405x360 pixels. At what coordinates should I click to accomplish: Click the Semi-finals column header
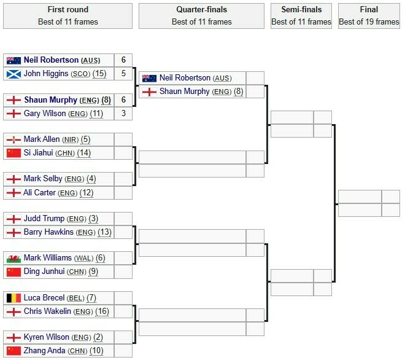pyautogui.click(x=301, y=16)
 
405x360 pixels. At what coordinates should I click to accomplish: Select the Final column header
pyautogui.click(x=369, y=16)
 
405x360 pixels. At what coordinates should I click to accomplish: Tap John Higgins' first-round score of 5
pyautogui.click(x=123, y=74)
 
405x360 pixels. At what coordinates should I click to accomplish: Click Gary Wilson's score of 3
pyautogui.click(x=123, y=113)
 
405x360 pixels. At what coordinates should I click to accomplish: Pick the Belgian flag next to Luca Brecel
pyautogui.click(x=13, y=298)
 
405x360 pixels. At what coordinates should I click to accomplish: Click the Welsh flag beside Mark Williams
pyautogui.click(x=13, y=259)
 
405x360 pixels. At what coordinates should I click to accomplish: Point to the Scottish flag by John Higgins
pyautogui.click(x=13, y=74)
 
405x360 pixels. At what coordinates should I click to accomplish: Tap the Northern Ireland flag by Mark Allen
pyautogui.click(x=13, y=139)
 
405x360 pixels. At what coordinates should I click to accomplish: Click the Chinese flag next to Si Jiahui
pyautogui.click(x=13, y=153)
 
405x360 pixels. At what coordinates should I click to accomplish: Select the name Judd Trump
pyautogui.click(x=44, y=219)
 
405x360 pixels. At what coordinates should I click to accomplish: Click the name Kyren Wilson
pyautogui.click(x=47, y=337)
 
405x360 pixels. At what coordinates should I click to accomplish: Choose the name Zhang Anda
pyautogui.click(x=44, y=350)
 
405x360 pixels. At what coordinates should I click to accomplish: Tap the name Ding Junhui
pyautogui.click(x=44, y=272)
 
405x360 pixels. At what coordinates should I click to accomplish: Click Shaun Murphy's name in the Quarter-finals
pyautogui.click(x=185, y=92)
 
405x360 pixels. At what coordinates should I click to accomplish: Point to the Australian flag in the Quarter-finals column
pyautogui.click(x=149, y=78)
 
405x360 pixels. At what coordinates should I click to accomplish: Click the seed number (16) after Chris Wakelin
pyautogui.click(x=102, y=311)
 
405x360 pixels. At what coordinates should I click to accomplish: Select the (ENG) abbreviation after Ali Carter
pyautogui.click(x=67, y=193)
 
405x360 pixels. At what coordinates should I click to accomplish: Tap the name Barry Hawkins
pyautogui.click(x=48, y=232)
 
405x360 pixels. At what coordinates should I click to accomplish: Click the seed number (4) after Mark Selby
pyautogui.click(x=91, y=179)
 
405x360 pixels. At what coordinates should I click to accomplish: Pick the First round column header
pyautogui.click(x=67, y=16)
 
